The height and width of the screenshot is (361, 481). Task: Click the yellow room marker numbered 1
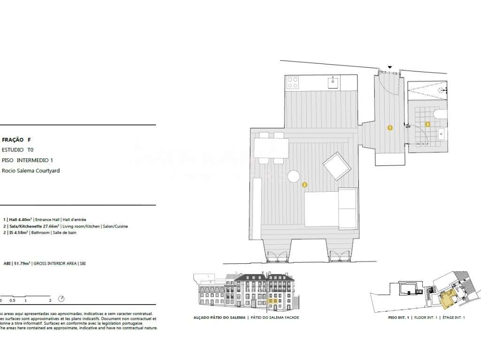click(390, 127)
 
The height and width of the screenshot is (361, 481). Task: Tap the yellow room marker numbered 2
click(304, 185)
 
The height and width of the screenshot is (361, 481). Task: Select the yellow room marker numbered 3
click(427, 124)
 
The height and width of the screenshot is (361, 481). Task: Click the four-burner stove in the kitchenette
click(293, 82)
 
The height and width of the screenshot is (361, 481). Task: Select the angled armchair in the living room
click(337, 166)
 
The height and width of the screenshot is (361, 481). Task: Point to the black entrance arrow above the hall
click(389, 67)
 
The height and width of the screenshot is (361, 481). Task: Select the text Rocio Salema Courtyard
click(31, 171)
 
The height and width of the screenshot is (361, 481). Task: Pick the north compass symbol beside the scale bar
click(62, 299)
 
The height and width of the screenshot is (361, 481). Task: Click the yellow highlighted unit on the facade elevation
click(272, 302)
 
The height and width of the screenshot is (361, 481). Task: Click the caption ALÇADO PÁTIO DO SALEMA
click(218, 318)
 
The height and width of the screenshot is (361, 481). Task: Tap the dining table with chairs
click(271, 148)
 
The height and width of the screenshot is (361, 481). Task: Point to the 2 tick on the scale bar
click(50, 300)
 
